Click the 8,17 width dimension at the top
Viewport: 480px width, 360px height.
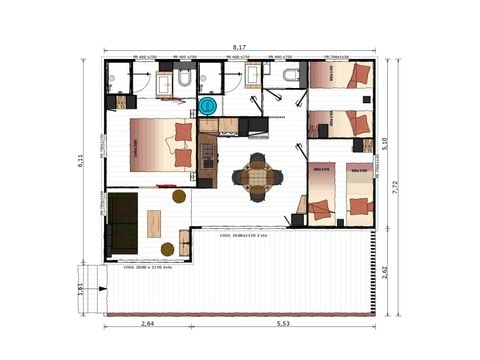click(239, 47)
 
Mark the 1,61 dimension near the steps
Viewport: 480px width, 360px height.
click(82, 287)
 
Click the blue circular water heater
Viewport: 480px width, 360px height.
click(208, 105)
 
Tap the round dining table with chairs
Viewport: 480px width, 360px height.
click(257, 176)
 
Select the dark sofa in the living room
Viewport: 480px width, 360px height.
click(123, 223)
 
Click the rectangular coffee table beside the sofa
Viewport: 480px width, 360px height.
click(154, 223)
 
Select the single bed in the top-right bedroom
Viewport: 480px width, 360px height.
click(340, 76)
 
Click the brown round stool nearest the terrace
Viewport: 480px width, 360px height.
click(167, 249)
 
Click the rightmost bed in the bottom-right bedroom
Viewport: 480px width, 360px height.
click(359, 195)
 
